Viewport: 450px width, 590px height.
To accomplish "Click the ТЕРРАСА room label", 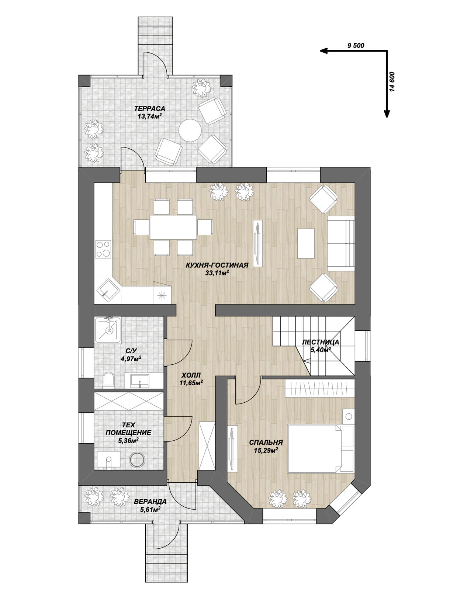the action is tap(150, 108).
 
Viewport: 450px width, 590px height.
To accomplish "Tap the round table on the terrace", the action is tap(190, 130).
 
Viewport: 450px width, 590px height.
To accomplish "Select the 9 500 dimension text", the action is tap(356, 45).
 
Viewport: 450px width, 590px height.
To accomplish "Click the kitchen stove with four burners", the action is tap(104, 249).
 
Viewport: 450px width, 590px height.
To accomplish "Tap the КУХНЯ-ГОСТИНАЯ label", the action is tap(217, 265).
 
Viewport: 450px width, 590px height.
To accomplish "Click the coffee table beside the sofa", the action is tap(306, 243).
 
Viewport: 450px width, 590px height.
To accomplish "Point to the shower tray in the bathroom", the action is tap(108, 330).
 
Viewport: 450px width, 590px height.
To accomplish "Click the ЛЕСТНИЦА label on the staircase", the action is tap(320, 343).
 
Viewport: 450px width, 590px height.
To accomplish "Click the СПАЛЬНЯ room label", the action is tap(266, 442).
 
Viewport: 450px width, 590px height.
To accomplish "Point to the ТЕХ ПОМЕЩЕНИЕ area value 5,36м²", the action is tap(128, 440).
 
